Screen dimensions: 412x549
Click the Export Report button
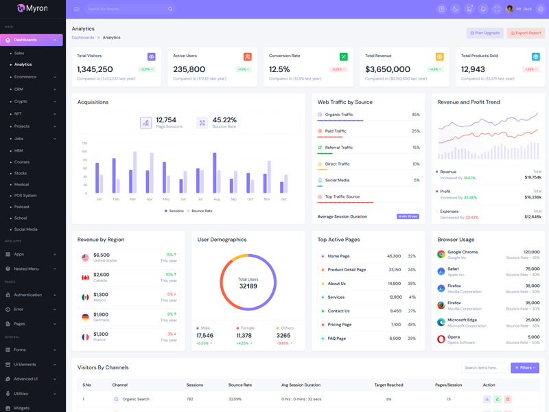[526, 33]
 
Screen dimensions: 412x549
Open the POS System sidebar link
[25, 196]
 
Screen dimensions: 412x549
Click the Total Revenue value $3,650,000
[388, 69]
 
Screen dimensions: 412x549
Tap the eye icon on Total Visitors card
[151, 57]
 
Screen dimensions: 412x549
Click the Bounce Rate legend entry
[202, 211]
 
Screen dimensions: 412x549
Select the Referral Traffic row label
[339, 148]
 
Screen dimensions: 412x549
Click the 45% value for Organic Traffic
[415, 115]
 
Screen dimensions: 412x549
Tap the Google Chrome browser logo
[441, 254]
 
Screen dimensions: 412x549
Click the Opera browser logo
[441, 339]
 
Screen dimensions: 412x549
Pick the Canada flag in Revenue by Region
[85, 277]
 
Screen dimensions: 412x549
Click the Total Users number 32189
[248, 286]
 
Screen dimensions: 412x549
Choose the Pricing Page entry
[341, 325]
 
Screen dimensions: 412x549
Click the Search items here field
[484, 368]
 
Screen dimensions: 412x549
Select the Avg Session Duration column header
[301, 385]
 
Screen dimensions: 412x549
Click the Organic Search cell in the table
[136, 399]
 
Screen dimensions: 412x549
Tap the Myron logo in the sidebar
[32, 8]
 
